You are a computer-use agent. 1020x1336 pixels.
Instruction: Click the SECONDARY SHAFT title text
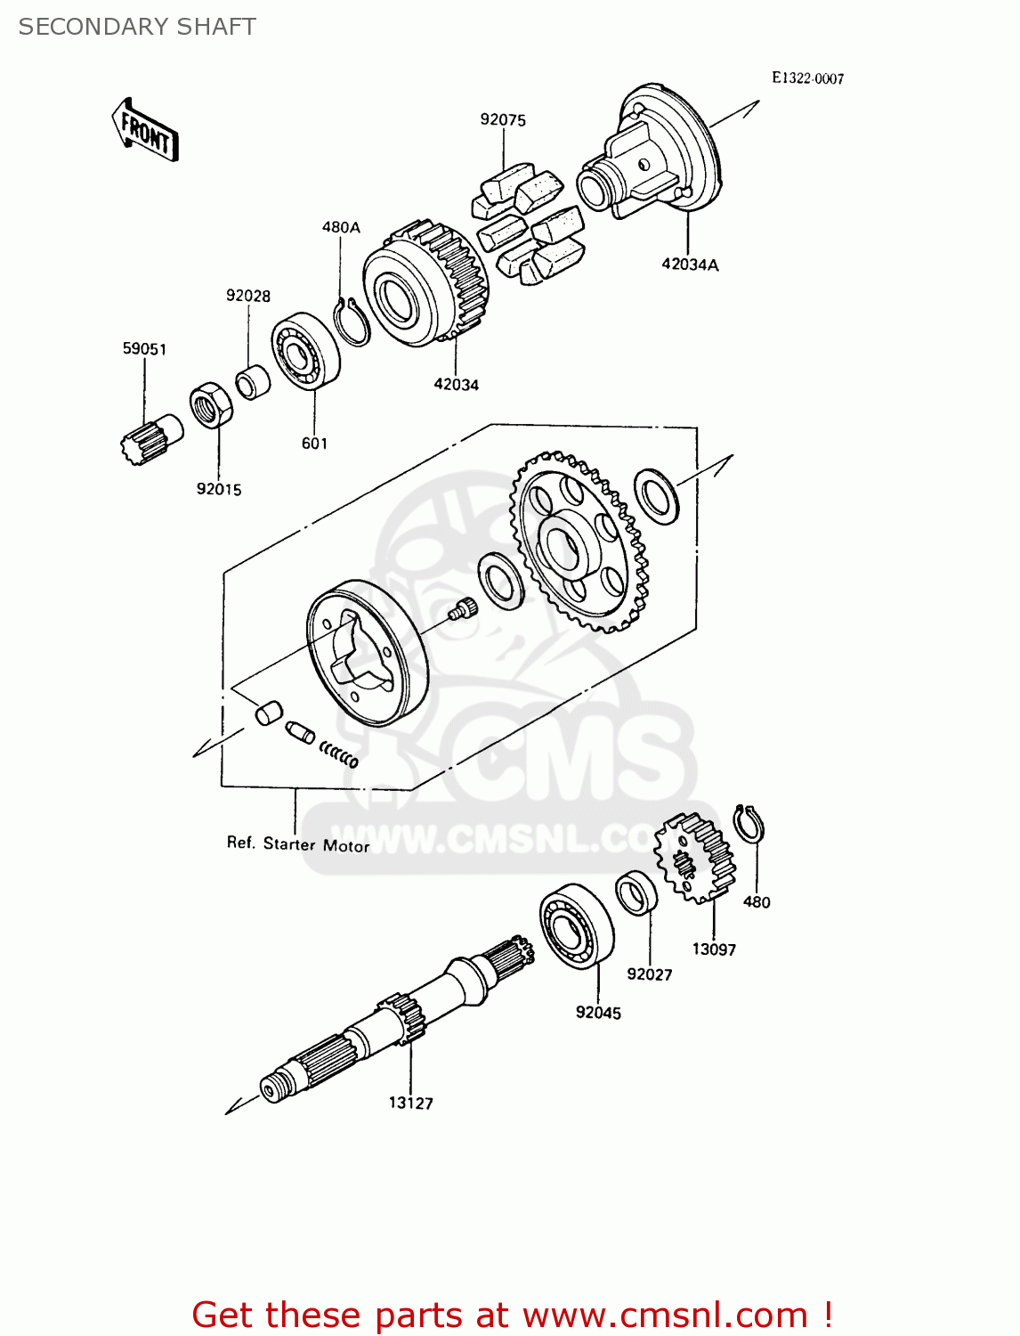point(137,27)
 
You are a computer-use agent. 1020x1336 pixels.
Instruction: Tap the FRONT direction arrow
point(145,130)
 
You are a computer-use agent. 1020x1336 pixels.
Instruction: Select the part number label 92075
point(503,120)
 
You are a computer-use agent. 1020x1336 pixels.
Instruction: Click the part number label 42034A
point(690,265)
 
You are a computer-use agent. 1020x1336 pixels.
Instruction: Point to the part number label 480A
point(341,228)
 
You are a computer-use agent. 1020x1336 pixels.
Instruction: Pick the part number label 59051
point(144,349)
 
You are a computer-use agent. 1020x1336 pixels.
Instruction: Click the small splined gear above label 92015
point(149,438)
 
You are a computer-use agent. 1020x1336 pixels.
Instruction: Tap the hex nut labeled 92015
point(212,405)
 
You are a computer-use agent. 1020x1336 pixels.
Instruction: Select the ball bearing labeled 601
point(305,351)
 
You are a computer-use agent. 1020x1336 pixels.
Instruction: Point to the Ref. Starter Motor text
point(298,843)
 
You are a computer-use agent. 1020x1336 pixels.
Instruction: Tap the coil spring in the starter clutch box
point(339,754)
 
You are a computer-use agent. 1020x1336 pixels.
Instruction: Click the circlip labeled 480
point(749,824)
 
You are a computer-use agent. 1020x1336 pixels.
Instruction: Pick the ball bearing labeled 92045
point(576,924)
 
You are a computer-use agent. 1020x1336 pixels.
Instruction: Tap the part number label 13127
point(410,1104)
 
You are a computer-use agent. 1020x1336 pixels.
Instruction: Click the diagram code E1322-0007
point(807,78)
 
